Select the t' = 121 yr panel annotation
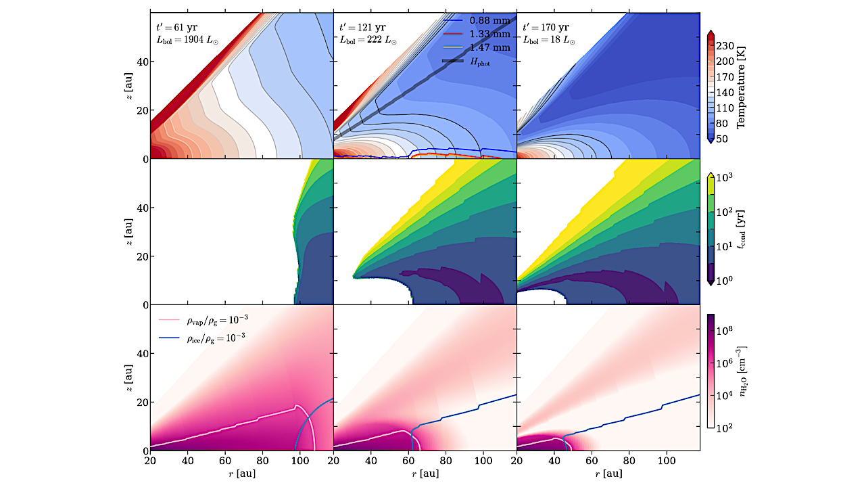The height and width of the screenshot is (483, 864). (x=362, y=28)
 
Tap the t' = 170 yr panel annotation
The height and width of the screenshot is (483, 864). (x=545, y=28)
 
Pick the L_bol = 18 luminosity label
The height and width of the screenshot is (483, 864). (x=548, y=41)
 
